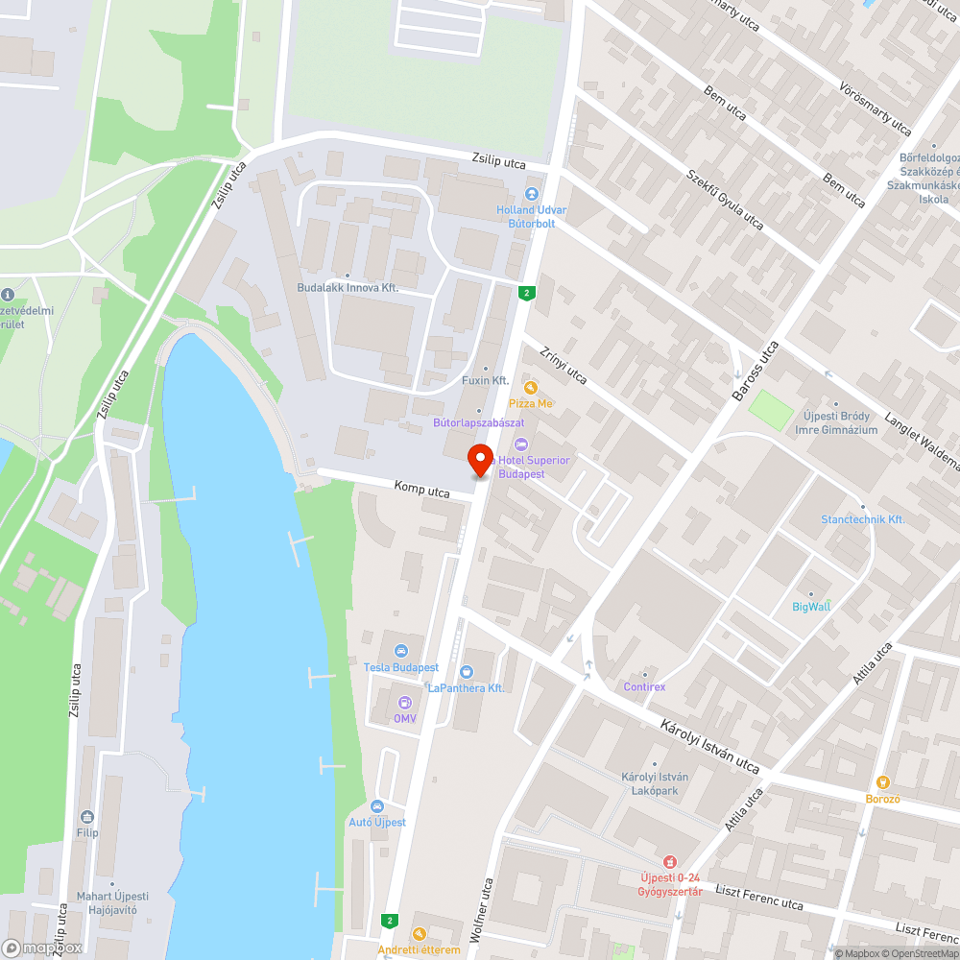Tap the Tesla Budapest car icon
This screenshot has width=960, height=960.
point(401,650)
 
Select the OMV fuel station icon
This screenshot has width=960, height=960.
point(404,702)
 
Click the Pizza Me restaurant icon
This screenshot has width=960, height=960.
point(530,387)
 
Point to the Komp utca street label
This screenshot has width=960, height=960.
point(421,490)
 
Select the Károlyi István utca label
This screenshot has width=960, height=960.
point(709,745)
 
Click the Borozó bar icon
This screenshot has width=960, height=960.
point(883,782)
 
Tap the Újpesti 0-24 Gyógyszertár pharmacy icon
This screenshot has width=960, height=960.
point(671,861)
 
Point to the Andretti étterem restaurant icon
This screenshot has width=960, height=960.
point(419,934)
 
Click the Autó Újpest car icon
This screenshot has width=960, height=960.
point(376,805)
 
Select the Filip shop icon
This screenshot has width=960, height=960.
point(87,816)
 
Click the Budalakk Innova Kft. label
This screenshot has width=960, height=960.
point(347,288)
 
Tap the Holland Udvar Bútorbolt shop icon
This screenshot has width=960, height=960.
point(531,195)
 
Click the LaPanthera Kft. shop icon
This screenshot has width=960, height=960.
point(467,671)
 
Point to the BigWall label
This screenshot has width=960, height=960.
point(811,606)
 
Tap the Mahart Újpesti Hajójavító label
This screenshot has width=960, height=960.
point(108,903)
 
